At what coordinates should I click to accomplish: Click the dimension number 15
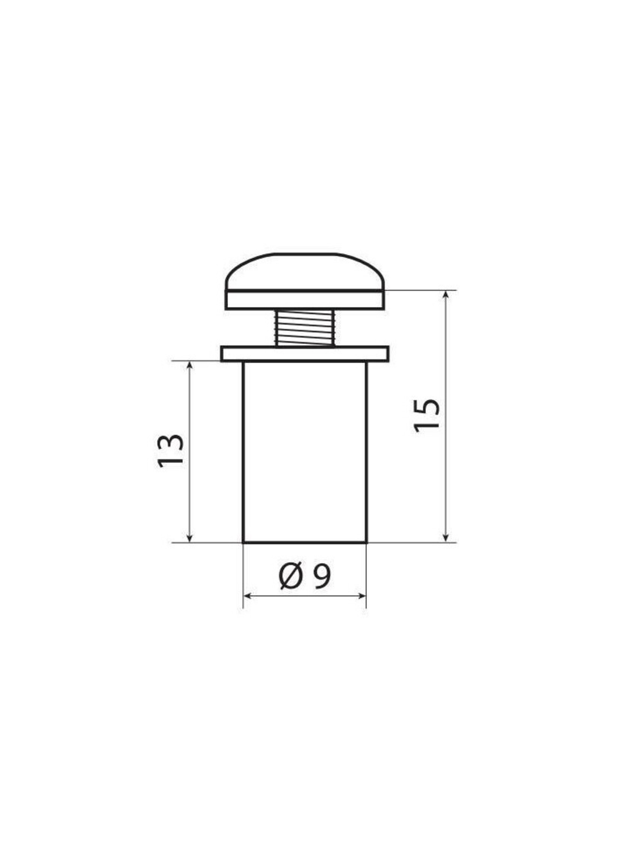pos(427,416)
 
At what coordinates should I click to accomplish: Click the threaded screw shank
pos(305,328)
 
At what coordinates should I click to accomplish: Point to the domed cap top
pos(305,272)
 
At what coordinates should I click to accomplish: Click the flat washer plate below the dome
pos(305,300)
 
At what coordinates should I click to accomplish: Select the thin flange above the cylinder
pos(305,354)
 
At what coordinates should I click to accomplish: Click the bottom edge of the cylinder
pos(305,542)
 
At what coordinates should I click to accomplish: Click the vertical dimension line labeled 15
pos(445,477)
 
